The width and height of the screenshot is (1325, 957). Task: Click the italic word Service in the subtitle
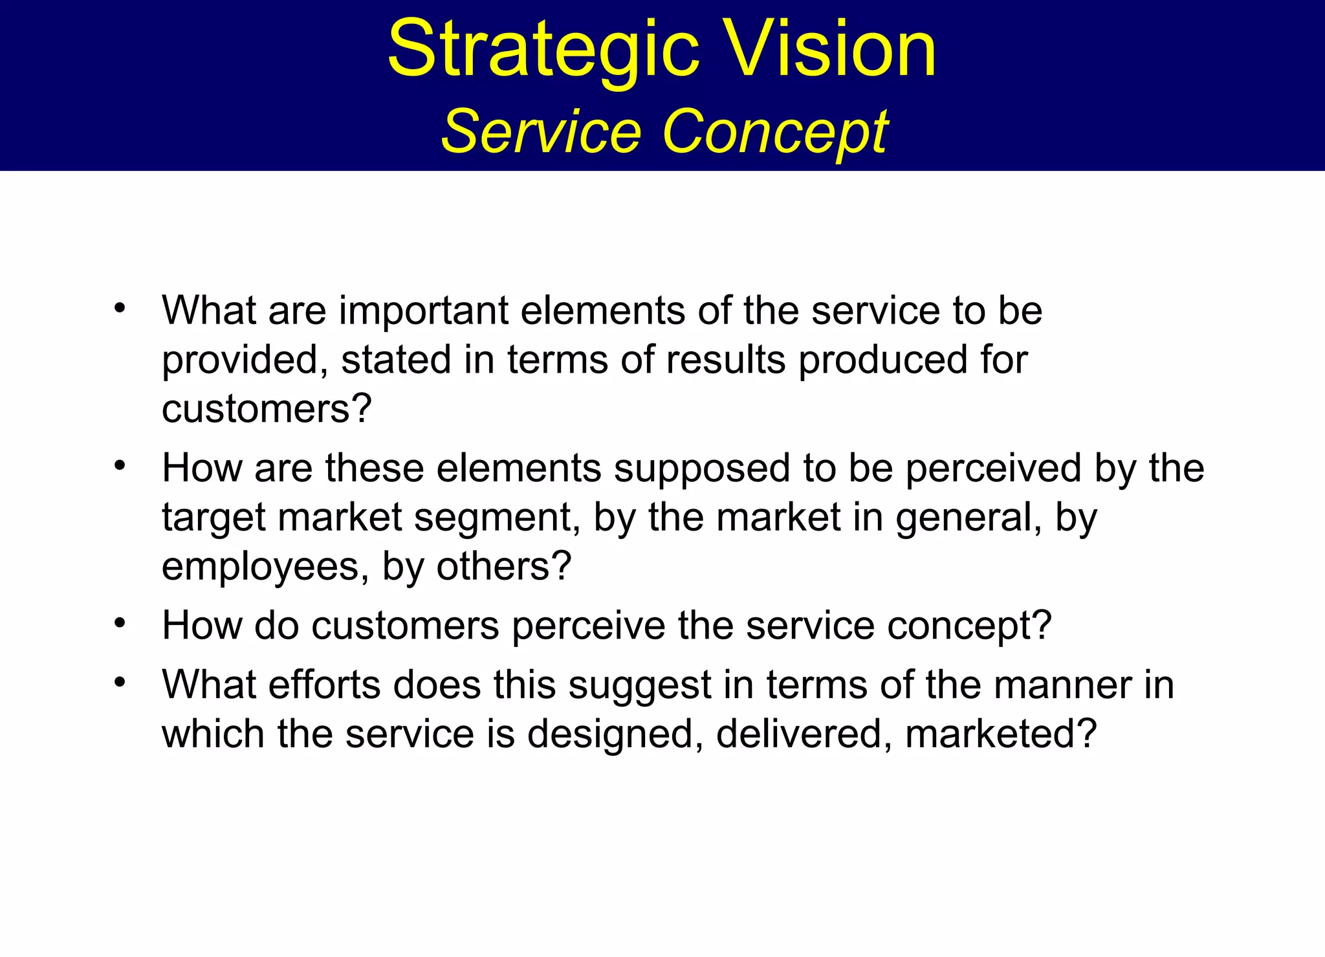click(541, 132)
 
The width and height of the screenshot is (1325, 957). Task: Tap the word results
click(725, 360)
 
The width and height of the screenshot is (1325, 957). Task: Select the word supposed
click(702, 468)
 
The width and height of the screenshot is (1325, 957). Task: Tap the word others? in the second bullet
click(504, 567)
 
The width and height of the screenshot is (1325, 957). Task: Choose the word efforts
click(324, 685)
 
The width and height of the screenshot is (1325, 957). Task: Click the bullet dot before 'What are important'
click(120, 309)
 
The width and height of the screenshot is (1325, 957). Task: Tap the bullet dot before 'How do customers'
click(120, 623)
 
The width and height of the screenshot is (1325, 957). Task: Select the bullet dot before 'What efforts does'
click(120, 683)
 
